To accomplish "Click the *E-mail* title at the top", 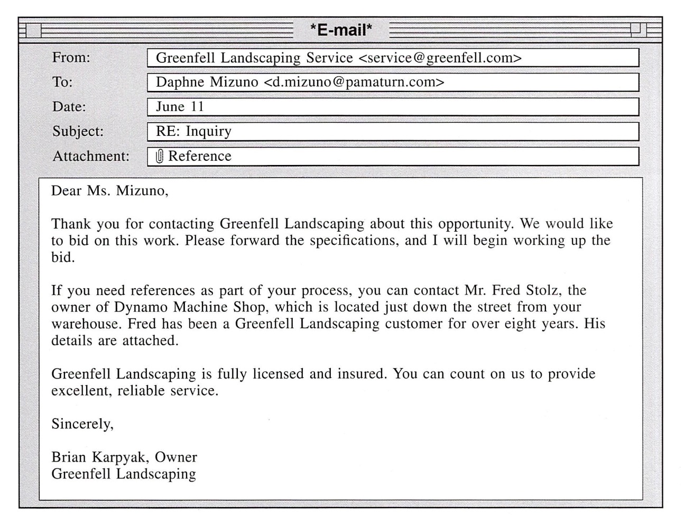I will [x=341, y=30].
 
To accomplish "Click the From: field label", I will [x=71, y=57].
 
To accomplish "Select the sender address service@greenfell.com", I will [x=440, y=58].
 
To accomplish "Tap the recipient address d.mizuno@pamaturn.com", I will [x=354, y=82].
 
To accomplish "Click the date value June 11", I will [x=180, y=107].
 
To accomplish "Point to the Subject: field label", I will [x=78, y=131].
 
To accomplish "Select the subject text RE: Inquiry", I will [x=193, y=131].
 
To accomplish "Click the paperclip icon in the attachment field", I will [x=160, y=156].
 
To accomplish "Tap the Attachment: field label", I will [x=90, y=156].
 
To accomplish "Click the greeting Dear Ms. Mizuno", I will [x=109, y=191].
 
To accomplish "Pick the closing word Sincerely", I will [x=82, y=424].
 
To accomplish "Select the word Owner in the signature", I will [x=176, y=457].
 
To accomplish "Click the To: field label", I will [x=62, y=82].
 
